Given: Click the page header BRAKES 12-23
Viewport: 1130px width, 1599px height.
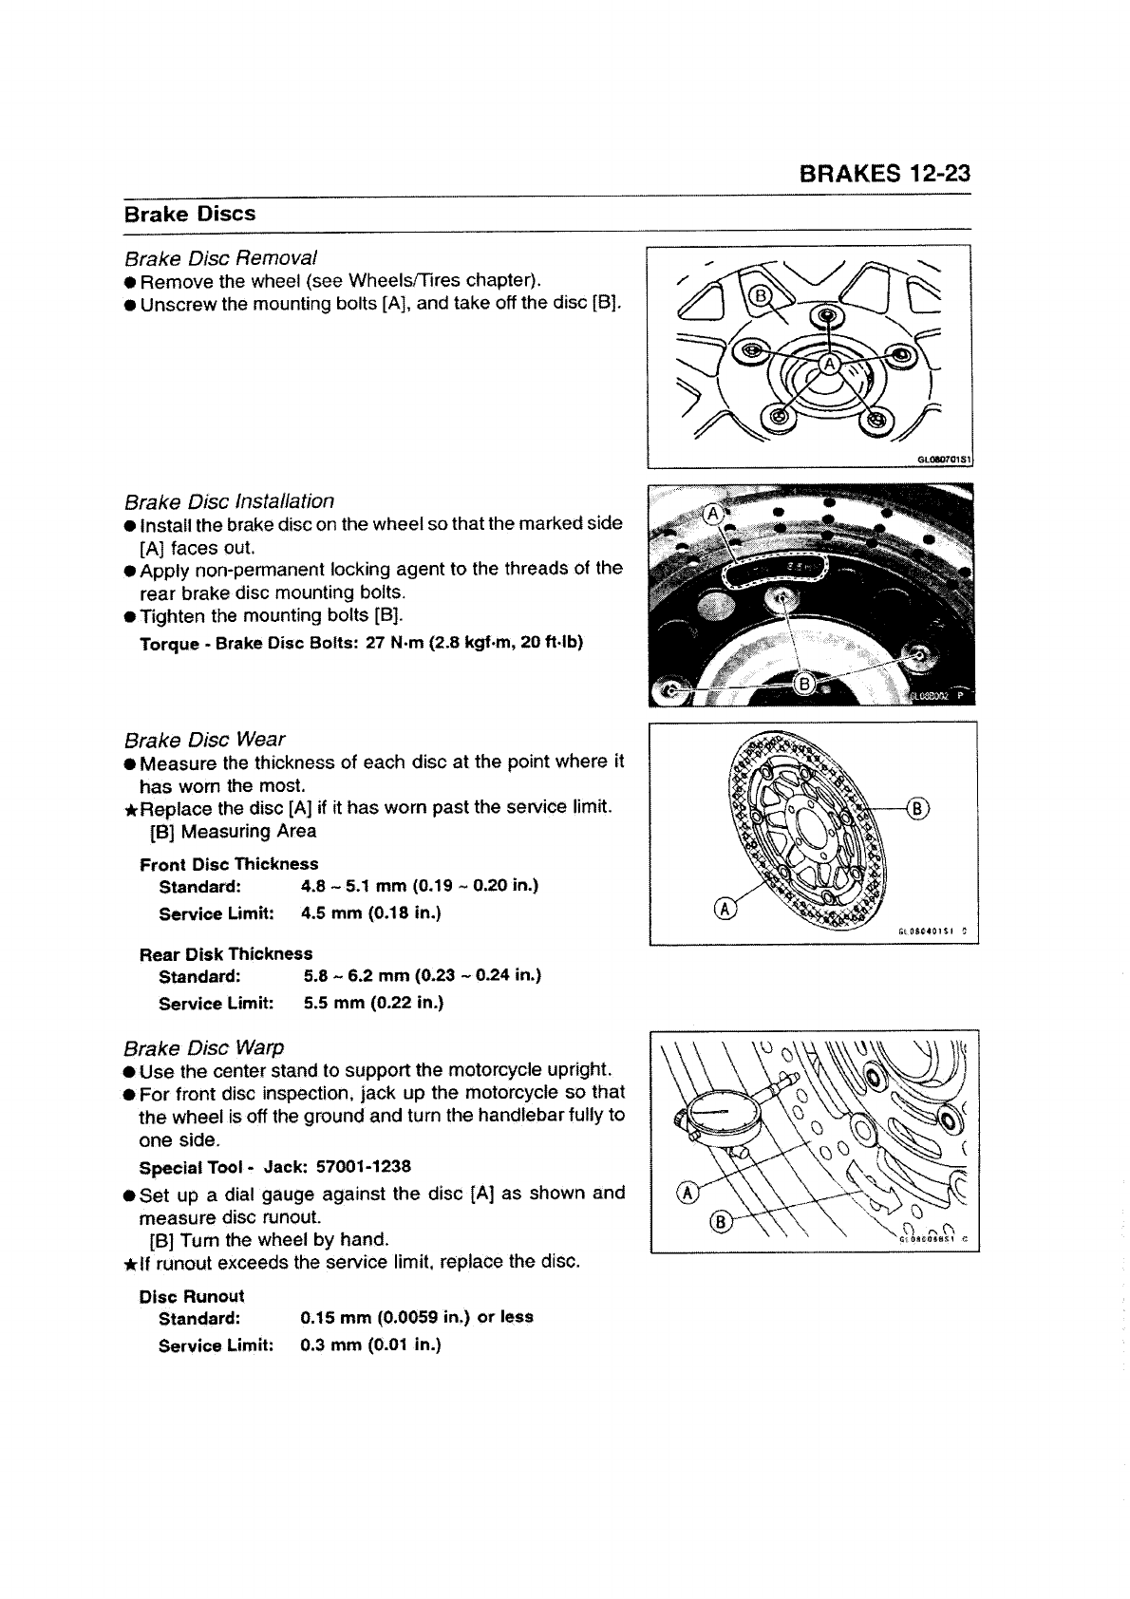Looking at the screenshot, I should click(x=884, y=174).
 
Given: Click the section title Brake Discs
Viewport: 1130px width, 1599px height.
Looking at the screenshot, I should click(x=190, y=214).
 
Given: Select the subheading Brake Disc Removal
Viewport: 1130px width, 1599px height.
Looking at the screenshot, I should click(x=220, y=258).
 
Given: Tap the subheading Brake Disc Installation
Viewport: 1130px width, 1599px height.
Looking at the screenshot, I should click(x=229, y=501).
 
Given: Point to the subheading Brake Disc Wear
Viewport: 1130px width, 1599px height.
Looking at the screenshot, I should click(x=204, y=740).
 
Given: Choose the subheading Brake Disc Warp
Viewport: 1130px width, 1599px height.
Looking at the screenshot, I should click(x=204, y=1048).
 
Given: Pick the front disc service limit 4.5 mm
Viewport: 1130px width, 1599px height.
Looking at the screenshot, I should click(x=329, y=913).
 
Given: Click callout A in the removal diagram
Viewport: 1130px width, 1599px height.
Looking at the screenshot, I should click(x=829, y=364).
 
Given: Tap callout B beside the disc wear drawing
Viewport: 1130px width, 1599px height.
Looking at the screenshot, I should click(x=919, y=809).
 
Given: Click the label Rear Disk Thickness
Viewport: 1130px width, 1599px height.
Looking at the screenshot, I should click(x=226, y=953).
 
